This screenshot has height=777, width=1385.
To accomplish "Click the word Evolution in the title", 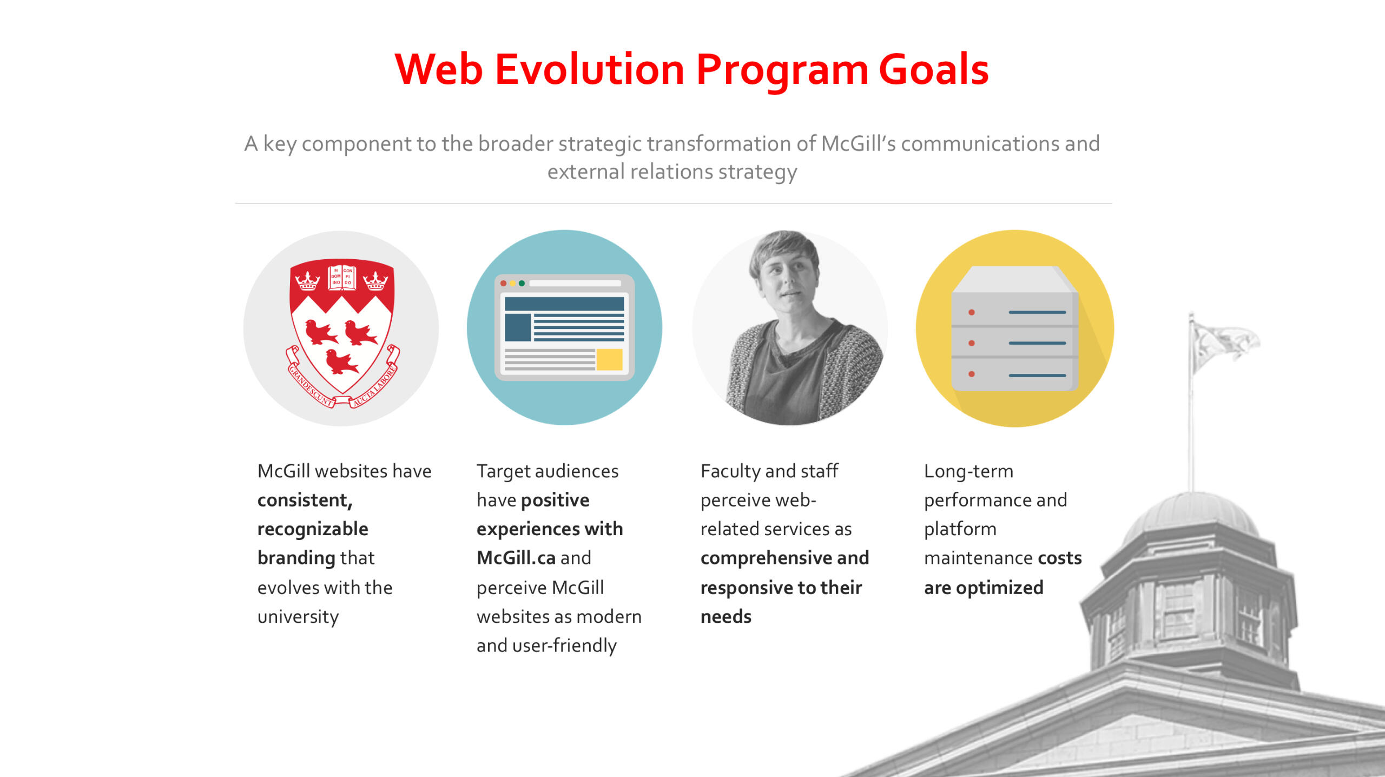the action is (590, 70).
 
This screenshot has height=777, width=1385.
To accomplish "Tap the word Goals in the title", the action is (934, 70).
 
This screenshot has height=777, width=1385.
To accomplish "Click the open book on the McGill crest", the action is (342, 277).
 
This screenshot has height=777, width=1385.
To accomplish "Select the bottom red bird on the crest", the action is (341, 361).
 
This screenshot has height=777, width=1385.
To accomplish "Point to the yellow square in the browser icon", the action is (609, 359).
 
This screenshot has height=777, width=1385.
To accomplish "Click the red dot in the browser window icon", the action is (503, 283).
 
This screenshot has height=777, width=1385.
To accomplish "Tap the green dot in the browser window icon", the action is (522, 283).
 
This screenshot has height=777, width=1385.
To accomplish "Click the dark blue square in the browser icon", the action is (518, 327).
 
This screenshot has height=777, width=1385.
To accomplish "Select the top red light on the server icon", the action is (972, 312).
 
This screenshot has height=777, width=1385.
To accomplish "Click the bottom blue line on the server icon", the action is (1037, 375).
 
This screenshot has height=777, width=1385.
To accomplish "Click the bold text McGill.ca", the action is (516, 558).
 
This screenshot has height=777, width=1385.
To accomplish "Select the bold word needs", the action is (726, 617).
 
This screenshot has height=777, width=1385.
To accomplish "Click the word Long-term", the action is (968, 471).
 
